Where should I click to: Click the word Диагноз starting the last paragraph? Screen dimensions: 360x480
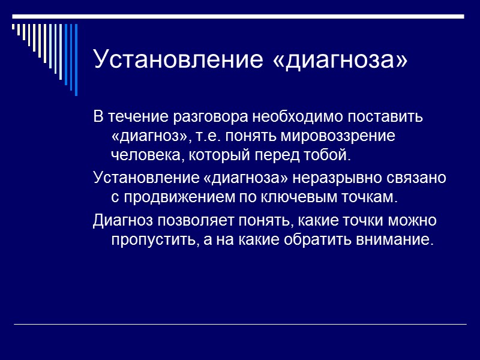(122, 220)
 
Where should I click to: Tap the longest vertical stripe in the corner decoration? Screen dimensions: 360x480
(76, 59)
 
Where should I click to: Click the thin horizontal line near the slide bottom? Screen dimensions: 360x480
(240, 325)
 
